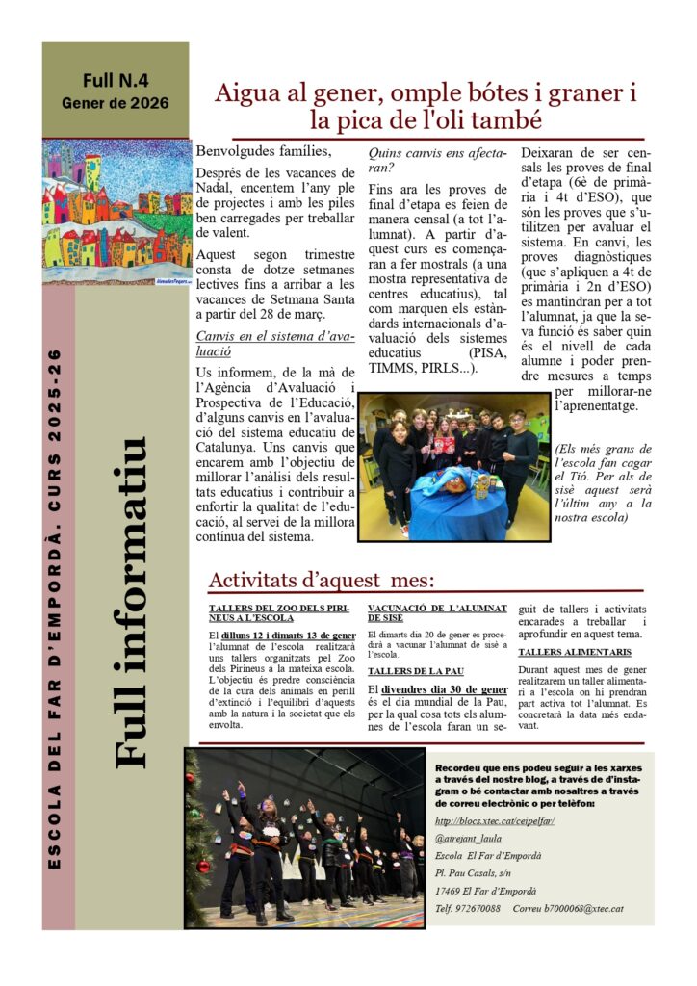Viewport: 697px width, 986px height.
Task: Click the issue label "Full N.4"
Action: click(x=116, y=80)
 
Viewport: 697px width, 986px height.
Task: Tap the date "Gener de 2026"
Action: click(x=116, y=102)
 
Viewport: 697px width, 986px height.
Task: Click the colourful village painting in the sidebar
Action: click(x=116, y=212)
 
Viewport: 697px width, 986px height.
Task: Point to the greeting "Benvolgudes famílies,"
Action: click(x=263, y=151)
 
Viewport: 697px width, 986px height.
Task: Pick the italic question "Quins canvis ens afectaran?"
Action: click(x=438, y=159)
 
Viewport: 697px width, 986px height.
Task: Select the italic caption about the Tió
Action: click(x=603, y=482)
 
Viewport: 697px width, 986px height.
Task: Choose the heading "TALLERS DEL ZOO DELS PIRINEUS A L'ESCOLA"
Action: click(x=281, y=612)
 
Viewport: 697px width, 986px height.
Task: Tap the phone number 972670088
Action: click(x=479, y=907)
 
